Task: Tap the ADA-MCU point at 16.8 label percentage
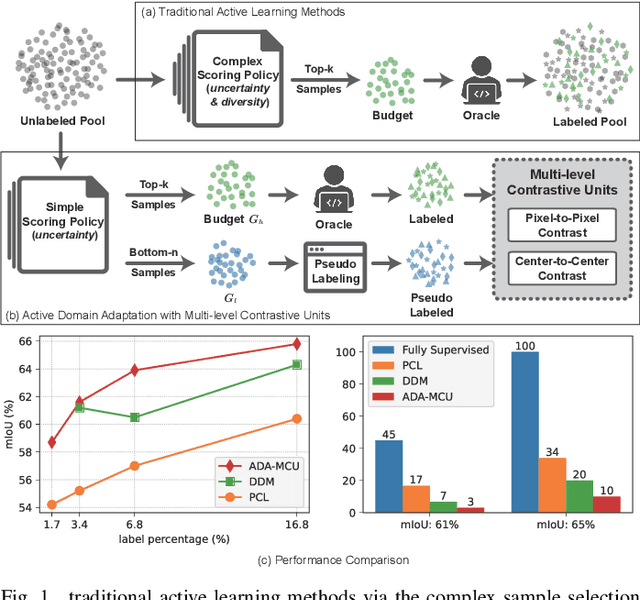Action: (296, 344)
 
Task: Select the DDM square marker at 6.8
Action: (135, 417)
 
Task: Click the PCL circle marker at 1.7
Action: (52, 505)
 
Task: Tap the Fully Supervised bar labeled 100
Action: (523, 432)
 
